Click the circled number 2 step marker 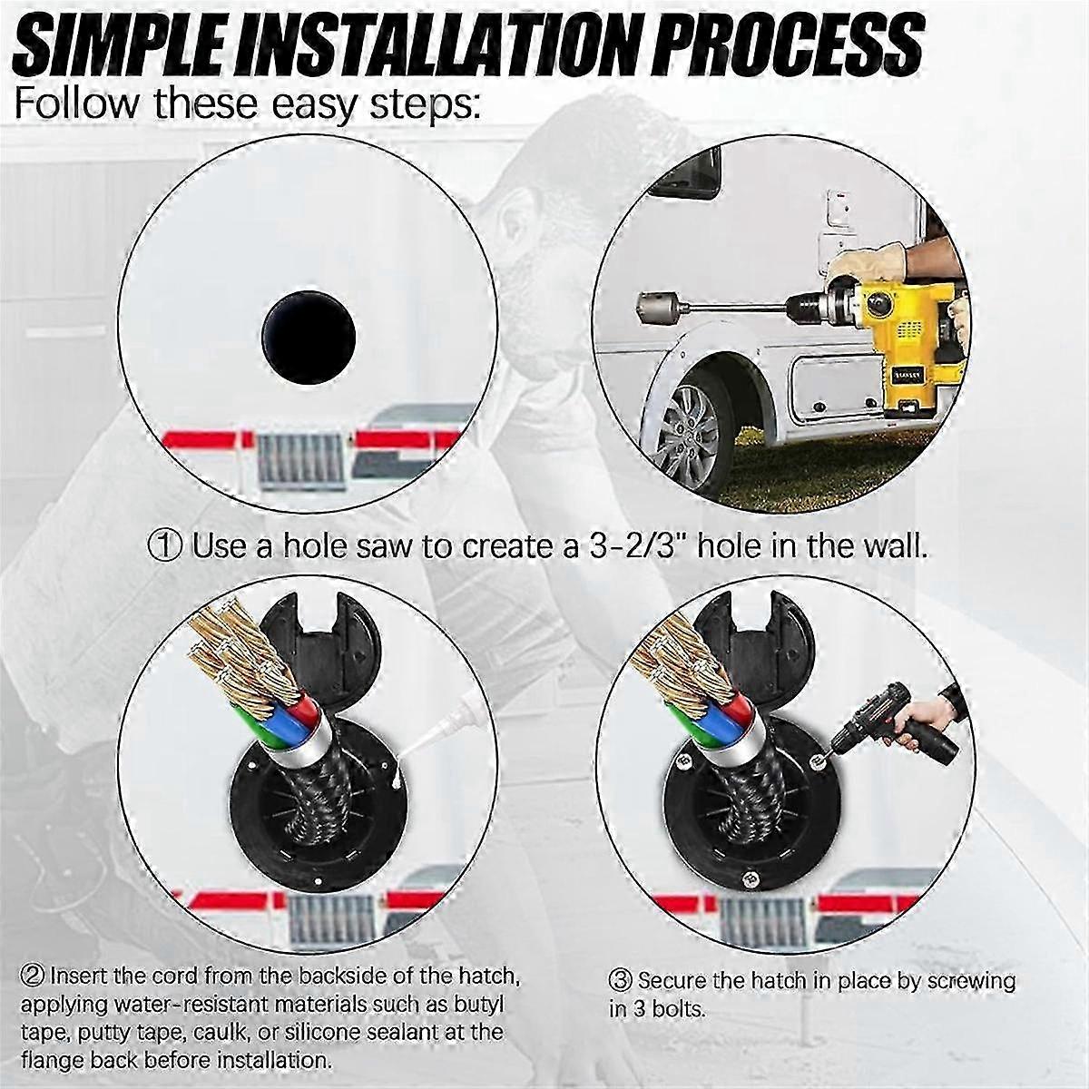(34, 980)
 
